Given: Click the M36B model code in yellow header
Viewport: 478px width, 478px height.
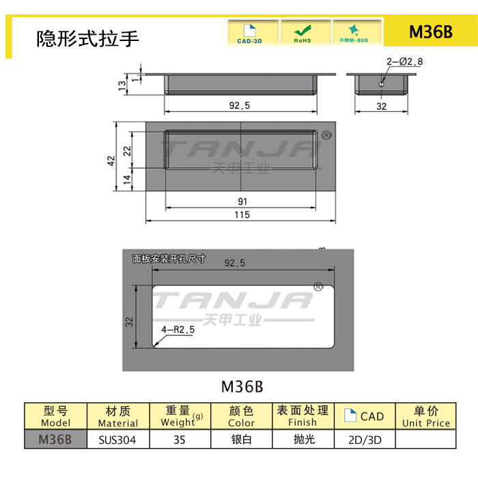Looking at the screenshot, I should point(430,33).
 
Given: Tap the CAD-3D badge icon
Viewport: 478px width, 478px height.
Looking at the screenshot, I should point(249,33).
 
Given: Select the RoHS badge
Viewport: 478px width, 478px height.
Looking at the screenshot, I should point(302,33).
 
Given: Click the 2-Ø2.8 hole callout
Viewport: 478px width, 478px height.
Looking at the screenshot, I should point(404,61).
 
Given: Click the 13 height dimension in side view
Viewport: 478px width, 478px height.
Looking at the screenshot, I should point(122,85).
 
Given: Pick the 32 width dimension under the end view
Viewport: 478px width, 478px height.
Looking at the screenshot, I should point(381,107).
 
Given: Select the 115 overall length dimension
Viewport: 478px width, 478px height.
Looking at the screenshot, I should point(242,215).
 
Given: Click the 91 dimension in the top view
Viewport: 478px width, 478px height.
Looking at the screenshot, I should point(242,201).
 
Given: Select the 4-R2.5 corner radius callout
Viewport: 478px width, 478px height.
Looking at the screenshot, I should point(178,329).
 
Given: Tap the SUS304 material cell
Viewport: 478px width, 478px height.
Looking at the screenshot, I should point(117,440).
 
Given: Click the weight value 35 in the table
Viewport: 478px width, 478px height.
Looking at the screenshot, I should point(180,440).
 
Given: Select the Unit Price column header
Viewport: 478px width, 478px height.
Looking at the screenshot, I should point(426,417).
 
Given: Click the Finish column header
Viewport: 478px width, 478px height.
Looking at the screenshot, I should point(302,417).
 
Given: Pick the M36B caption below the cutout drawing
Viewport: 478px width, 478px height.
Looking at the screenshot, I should point(242,386).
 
